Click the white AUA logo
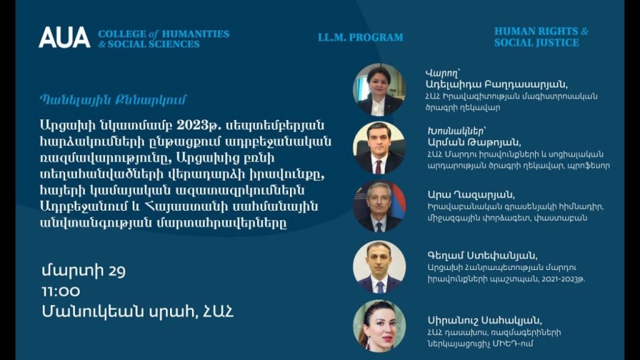(x=64, y=37)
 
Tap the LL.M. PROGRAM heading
(x=360, y=37)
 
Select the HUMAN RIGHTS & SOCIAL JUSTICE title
(x=541, y=37)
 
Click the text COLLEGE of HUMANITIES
(x=164, y=33)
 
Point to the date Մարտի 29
(x=84, y=271)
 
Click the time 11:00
(x=61, y=291)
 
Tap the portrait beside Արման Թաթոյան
(x=379, y=148)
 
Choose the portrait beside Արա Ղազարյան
(x=379, y=207)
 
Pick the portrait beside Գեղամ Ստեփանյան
(x=379, y=266)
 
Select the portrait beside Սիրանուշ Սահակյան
(x=379, y=325)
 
